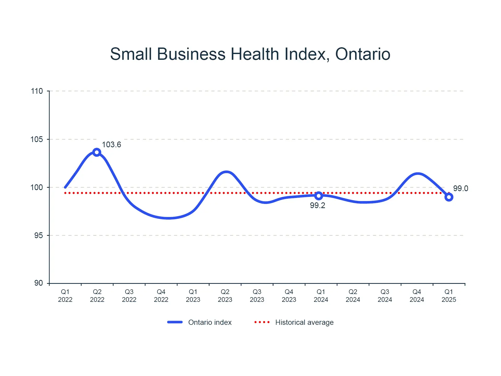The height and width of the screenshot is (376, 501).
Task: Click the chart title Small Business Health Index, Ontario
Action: (x=250, y=54)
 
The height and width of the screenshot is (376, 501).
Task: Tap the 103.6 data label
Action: (x=111, y=145)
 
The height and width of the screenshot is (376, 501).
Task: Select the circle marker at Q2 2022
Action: (x=97, y=152)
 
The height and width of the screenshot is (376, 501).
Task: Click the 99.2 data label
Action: (x=317, y=205)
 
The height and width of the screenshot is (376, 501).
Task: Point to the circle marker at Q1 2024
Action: (x=319, y=196)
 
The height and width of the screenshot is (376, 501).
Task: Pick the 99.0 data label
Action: (x=460, y=188)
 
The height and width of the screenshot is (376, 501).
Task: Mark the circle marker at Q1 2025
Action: (x=449, y=197)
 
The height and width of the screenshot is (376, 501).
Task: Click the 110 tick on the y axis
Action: (x=37, y=91)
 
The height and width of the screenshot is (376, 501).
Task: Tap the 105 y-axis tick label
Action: (x=37, y=139)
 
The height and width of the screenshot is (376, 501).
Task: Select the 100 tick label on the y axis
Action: (x=37, y=187)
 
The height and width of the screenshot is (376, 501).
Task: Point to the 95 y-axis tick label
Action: (x=38, y=235)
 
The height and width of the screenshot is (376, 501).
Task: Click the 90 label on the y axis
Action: (x=38, y=283)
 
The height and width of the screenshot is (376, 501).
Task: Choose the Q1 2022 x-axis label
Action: (x=65, y=296)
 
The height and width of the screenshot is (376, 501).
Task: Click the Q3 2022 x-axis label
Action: (x=129, y=296)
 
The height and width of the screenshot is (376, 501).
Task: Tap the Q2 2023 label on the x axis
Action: (x=225, y=296)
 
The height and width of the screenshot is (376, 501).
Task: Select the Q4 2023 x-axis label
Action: (x=289, y=296)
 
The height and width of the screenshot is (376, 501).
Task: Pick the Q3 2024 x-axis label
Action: (x=385, y=296)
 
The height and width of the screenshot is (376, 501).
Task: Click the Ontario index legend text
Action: (x=210, y=322)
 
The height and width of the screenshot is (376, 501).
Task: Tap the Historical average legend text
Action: (x=304, y=322)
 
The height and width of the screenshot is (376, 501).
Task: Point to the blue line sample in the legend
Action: (x=175, y=322)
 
